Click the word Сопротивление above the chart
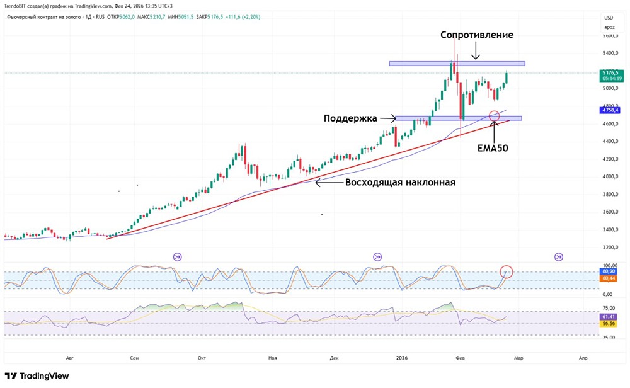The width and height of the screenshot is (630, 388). pyautogui.click(x=477, y=35)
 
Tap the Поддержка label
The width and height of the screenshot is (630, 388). pyautogui.click(x=350, y=118)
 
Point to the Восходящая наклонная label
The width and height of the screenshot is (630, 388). pyautogui.click(x=400, y=183)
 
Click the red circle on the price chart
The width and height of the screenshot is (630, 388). pyautogui.click(x=495, y=116)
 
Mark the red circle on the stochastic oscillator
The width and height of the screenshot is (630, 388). pyautogui.click(x=507, y=272)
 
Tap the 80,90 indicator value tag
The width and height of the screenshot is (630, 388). pyautogui.click(x=609, y=271)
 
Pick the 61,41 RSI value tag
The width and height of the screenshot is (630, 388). pyautogui.click(x=609, y=317)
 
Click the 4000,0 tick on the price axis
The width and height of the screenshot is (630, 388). pyautogui.click(x=609, y=176)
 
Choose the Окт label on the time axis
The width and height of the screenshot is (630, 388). pyautogui.click(x=202, y=358)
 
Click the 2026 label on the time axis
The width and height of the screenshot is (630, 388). pyautogui.click(x=402, y=358)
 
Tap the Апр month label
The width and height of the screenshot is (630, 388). pyautogui.click(x=583, y=358)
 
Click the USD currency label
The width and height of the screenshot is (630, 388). pyautogui.click(x=609, y=18)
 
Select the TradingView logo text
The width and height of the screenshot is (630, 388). pyautogui.click(x=38, y=376)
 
